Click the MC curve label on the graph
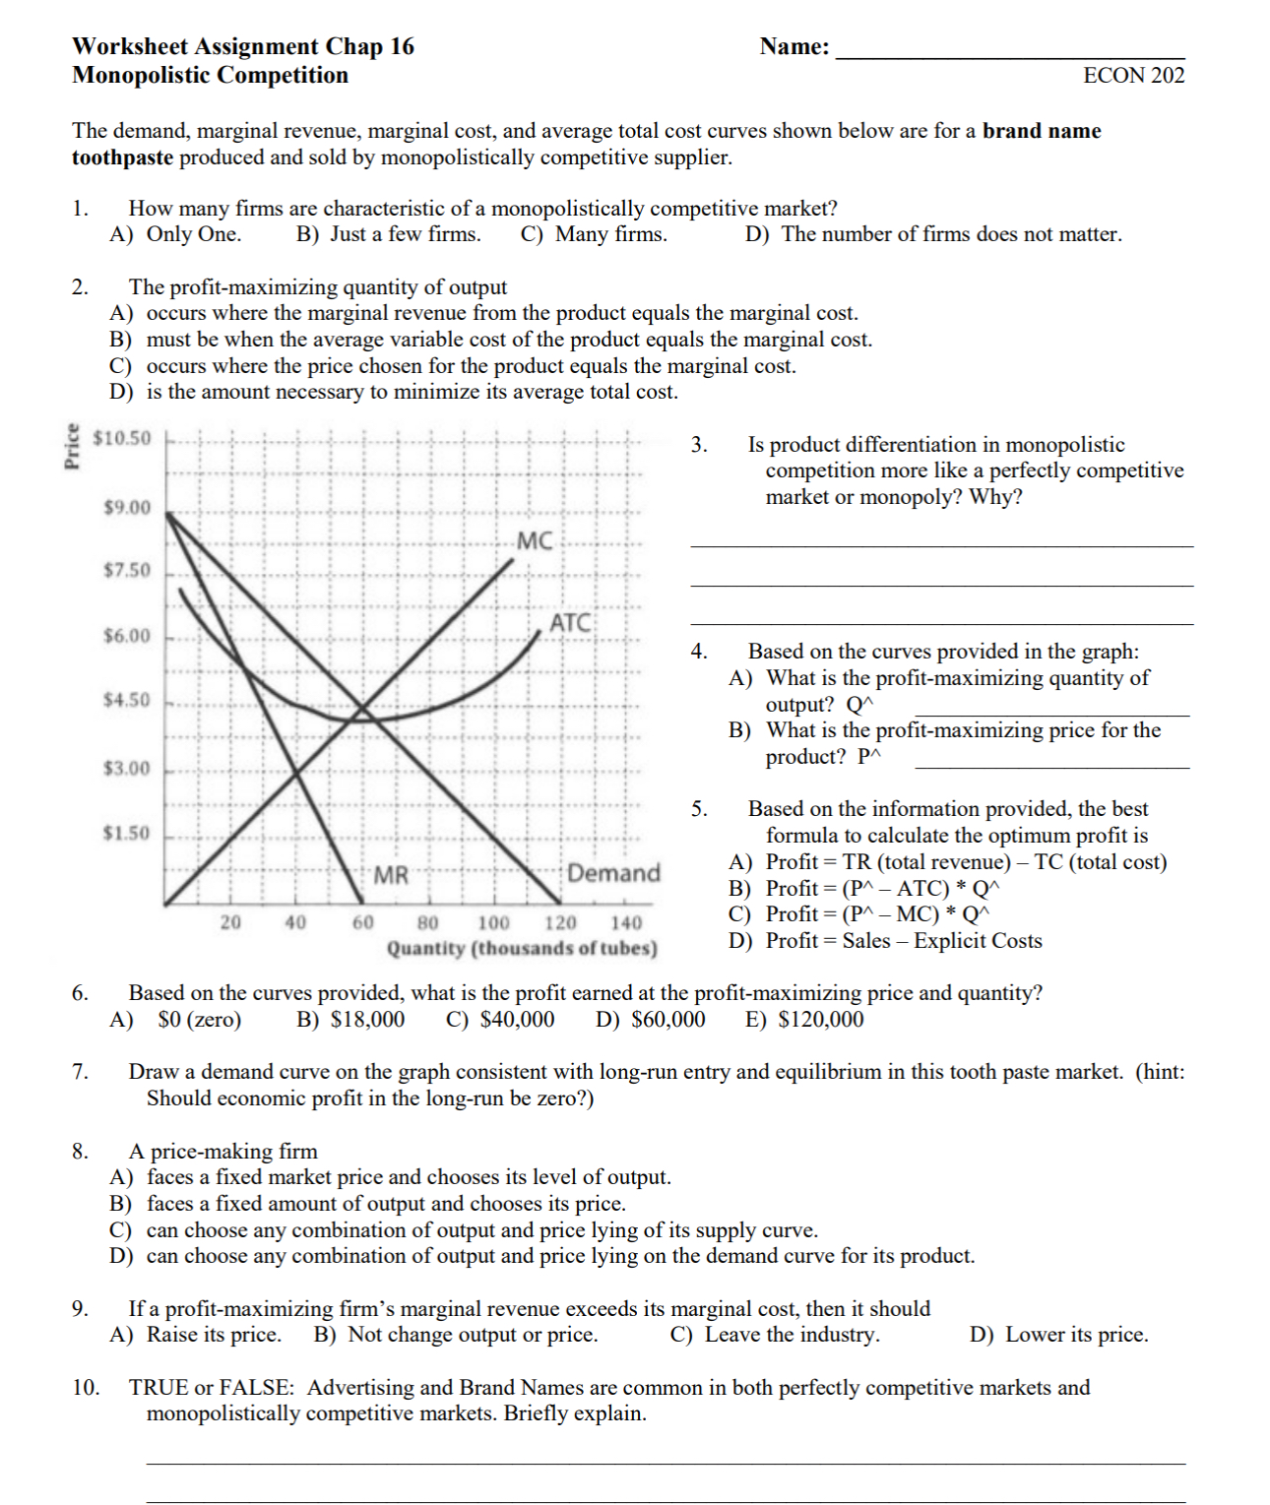coord(535,540)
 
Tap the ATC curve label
coord(570,622)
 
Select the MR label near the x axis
coord(391,874)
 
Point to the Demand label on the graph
coord(613,873)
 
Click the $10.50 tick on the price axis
coord(122,438)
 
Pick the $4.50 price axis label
coord(127,700)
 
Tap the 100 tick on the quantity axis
coord(493,922)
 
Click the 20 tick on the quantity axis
coord(230,922)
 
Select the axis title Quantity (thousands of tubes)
coord(522,948)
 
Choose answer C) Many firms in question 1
coord(594,234)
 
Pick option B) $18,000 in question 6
coord(350,1019)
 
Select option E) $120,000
coord(804,1019)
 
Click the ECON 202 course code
coord(1133,76)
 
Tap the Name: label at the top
coord(794,46)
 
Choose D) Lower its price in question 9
coord(1058,1335)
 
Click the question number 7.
coord(80,1072)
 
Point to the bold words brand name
coord(1042,131)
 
